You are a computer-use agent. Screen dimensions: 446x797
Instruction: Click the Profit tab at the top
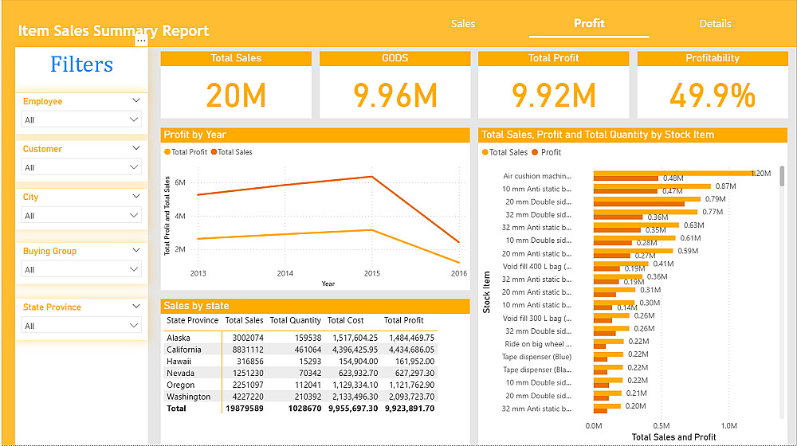[x=589, y=23]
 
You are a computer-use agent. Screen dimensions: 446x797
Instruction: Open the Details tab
[x=715, y=24]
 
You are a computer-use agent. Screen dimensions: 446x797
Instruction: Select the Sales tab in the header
[x=463, y=24]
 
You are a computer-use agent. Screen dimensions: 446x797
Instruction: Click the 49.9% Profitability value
[x=713, y=96]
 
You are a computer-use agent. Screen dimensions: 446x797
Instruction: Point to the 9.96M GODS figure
[x=395, y=96]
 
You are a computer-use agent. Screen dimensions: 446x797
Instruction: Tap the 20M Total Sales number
[x=236, y=96]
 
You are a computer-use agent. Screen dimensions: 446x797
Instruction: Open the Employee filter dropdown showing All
[x=81, y=120]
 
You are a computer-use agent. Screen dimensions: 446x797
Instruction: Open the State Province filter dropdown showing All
[x=81, y=326]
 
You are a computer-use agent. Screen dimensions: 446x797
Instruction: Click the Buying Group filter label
[x=49, y=251]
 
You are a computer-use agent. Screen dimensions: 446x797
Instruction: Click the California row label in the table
[x=184, y=350]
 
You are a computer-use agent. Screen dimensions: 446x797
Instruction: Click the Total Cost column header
[x=345, y=320]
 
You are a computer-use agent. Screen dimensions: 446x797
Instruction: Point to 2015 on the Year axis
[x=371, y=273]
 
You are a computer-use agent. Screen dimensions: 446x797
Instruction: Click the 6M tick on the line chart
[x=180, y=182]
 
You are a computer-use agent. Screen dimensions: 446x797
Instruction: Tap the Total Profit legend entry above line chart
[x=188, y=152]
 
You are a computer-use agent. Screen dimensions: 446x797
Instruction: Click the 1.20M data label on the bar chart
[x=761, y=173]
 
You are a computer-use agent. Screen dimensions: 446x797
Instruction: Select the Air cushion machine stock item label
[x=537, y=176]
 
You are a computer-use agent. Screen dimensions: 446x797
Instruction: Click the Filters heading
[x=81, y=65]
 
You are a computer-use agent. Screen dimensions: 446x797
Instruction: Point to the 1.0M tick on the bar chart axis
[x=728, y=425]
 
